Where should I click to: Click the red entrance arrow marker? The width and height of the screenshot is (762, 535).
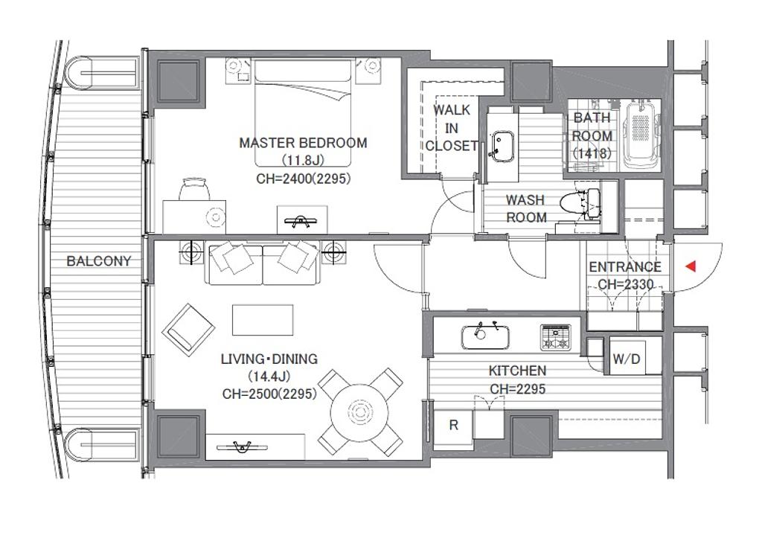click(x=691, y=266)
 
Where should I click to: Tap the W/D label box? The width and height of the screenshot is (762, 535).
click(x=627, y=359)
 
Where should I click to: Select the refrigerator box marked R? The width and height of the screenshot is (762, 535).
click(x=453, y=426)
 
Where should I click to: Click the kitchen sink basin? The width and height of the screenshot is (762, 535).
click(x=485, y=338)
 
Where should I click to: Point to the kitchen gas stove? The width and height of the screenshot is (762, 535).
click(x=555, y=338)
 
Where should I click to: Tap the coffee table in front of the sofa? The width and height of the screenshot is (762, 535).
click(x=263, y=320)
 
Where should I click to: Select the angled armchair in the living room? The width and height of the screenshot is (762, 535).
click(x=188, y=330)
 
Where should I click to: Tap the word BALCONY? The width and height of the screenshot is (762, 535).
click(x=99, y=261)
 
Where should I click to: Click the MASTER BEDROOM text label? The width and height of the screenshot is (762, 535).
click(x=303, y=143)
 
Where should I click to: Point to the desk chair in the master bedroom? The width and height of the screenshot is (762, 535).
click(x=194, y=189)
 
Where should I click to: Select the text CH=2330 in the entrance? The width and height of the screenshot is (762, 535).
click(x=625, y=284)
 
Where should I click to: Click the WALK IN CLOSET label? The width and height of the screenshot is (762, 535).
click(x=452, y=128)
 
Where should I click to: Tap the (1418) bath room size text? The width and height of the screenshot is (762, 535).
click(x=592, y=153)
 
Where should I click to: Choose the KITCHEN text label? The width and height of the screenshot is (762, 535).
click(x=518, y=371)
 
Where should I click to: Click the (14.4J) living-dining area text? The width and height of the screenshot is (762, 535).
click(x=269, y=377)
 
